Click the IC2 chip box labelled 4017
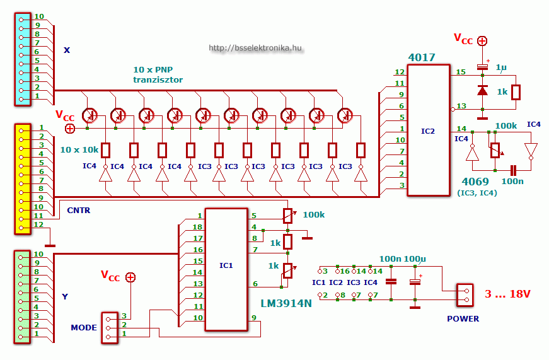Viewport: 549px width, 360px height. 429,131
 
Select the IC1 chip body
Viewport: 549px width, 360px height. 226,270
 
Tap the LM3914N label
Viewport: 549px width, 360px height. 286,303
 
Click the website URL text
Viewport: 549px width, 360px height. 255,48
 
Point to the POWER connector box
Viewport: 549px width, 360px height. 465,295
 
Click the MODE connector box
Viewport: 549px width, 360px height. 110,328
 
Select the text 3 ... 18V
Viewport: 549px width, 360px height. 507,294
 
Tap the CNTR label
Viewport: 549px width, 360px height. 79,210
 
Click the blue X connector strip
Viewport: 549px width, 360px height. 23,59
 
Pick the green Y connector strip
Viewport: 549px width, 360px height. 22,297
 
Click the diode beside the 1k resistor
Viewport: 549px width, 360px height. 482,91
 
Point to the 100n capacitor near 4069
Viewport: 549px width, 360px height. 513,171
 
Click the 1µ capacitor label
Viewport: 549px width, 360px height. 501,67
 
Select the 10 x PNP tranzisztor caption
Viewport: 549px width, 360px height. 158,74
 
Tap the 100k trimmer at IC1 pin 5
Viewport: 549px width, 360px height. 288,216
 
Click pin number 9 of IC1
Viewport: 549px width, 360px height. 254,318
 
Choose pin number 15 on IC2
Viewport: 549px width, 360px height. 461,72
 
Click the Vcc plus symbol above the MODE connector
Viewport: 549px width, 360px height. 130,277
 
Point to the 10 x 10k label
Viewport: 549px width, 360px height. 79,150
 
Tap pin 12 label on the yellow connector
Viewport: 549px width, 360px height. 38,224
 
